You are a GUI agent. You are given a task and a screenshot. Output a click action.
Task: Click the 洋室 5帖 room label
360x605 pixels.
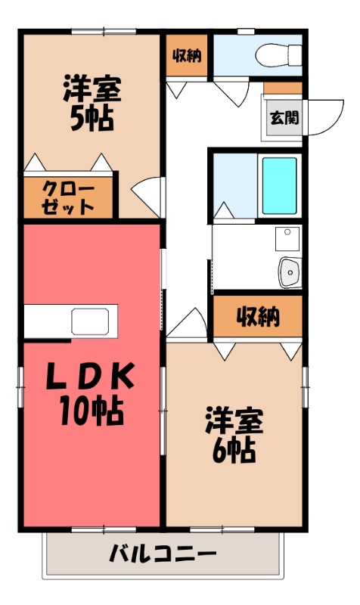[88, 104]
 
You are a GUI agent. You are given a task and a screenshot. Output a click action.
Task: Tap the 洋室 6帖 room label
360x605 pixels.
[234, 435]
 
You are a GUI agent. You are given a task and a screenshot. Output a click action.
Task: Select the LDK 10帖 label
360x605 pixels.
[92, 393]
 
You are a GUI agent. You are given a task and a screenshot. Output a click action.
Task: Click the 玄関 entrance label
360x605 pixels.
[284, 117]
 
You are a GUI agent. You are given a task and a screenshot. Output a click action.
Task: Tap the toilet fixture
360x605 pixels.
[269, 54]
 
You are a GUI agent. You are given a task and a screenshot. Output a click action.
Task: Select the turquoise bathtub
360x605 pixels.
[279, 186]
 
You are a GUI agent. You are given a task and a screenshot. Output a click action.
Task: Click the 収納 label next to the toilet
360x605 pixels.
[187, 55]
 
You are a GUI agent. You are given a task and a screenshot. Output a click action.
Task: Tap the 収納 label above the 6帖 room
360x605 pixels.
[257, 316]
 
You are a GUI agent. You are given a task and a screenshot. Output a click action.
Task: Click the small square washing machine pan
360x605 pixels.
[287, 239]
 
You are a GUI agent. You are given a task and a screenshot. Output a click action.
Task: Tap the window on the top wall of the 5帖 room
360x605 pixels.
[104, 31]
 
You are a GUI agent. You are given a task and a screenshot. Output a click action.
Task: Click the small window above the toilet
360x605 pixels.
[246, 31]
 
